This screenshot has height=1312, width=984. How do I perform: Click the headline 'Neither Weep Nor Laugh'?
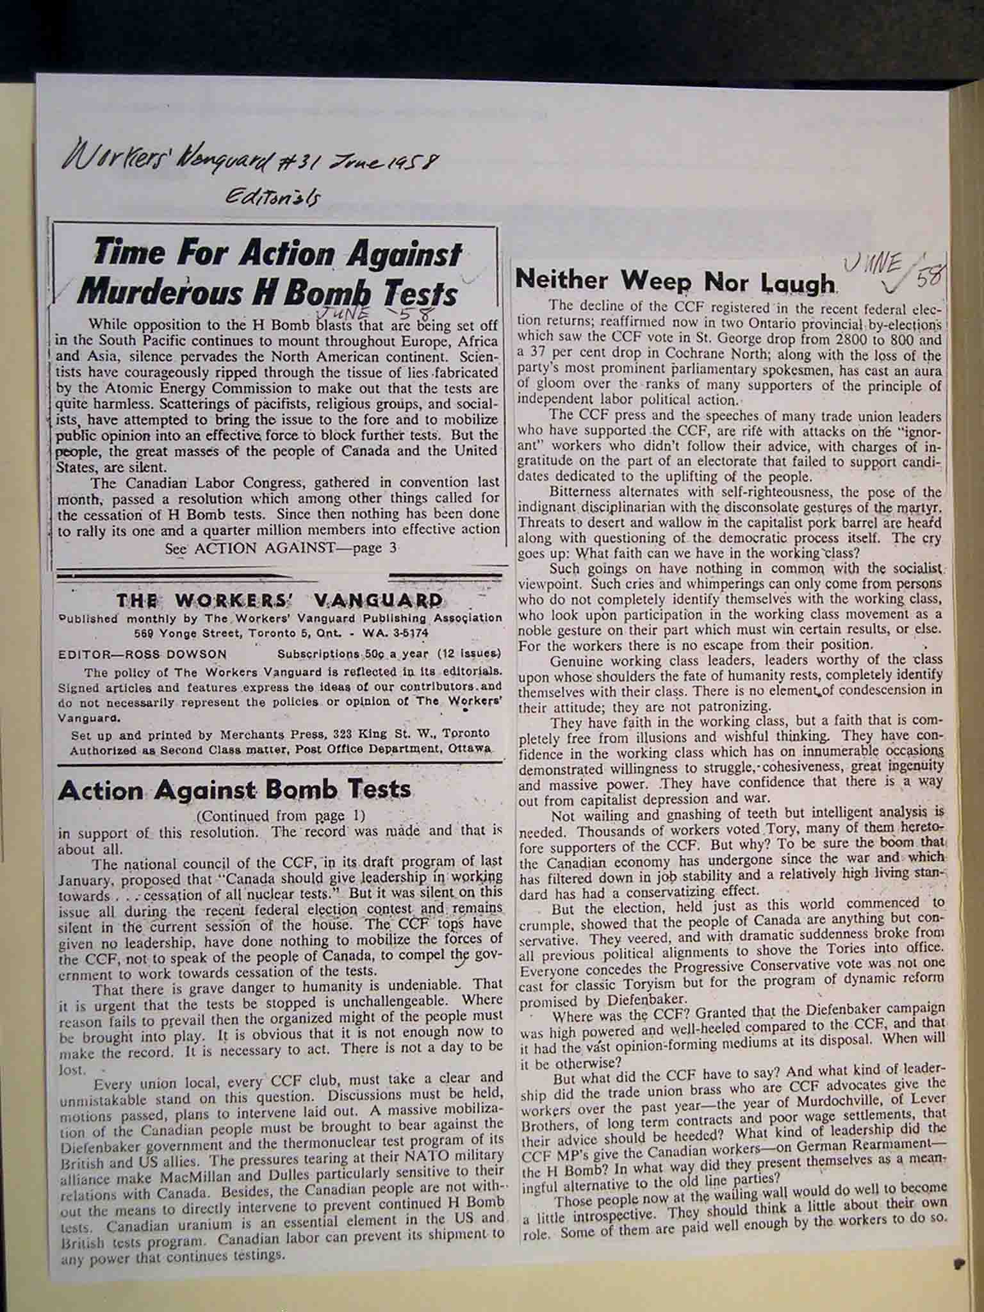tap(676, 280)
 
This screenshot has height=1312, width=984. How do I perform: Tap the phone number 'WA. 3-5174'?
tap(397, 633)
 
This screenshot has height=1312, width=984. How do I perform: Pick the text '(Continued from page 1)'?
tap(281, 816)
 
